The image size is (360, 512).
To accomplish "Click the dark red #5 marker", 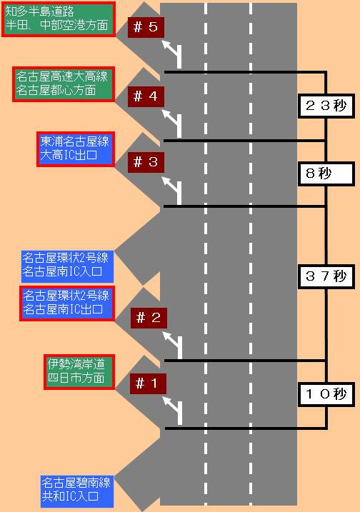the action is pyautogui.click(x=146, y=27).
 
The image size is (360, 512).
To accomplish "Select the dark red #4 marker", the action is pyautogui.click(x=146, y=96).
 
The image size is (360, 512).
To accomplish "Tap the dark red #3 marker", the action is pyautogui.click(x=146, y=162).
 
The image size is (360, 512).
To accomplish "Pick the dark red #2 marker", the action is pyautogui.click(x=149, y=318).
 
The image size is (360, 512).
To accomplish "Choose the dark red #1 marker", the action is pyautogui.click(x=148, y=383).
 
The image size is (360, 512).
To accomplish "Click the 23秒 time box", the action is pyautogui.click(x=326, y=106).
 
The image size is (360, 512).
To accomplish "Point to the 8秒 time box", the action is pyautogui.click(x=326, y=174).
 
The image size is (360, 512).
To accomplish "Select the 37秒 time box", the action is pyautogui.click(x=326, y=276).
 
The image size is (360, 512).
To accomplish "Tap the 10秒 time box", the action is pyautogui.click(x=326, y=394).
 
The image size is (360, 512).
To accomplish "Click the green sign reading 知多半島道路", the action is pyautogui.click(x=59, y=19).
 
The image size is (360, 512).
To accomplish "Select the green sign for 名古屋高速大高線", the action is pyautogui.click(x=64, y=84).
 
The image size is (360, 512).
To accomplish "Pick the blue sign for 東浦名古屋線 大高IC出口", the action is pyautogui.click(x=76, y=149).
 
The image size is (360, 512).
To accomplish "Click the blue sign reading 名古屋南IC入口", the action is pyautogui.click(x=67, y=266).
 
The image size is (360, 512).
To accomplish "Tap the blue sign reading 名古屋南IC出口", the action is pyautogui.click(x=67, y=303).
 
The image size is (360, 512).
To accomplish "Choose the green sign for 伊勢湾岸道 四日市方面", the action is pyautogui.click(x=79, y=372).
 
